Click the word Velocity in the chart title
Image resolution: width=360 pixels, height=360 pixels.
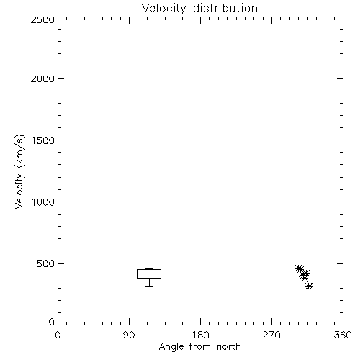(x=164, y=9)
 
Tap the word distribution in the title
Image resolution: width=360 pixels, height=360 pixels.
(x=225, y=8)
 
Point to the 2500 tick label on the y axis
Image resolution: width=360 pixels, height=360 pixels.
(x=42, y=19)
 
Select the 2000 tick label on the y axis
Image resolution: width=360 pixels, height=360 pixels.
(x=42, y=78)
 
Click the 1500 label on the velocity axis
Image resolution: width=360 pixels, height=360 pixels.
(x=43, y=140)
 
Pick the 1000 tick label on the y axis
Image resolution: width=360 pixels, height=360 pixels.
(x=43, y=202)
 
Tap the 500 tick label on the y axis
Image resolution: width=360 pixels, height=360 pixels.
(x=46, y=264)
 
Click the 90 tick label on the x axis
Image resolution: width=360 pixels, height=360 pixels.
(x=129, y=335)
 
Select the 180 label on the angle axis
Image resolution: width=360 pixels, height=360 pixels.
(x=200, y=335)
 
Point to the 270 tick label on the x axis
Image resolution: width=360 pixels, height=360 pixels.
(x=271, y=335)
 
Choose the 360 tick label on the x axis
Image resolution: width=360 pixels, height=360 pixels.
(x=343, y=335)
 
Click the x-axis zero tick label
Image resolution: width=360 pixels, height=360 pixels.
(x=58, y=335)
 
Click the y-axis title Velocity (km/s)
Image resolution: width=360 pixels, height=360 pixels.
(x=19, y=171)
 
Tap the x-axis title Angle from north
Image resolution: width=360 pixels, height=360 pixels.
(x=200, y=347)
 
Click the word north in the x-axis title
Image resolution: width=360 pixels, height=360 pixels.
(x=229, y=347)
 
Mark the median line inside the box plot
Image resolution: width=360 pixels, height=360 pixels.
(x=149, y=274)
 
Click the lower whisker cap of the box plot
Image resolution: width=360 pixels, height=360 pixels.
(x=149, y=286)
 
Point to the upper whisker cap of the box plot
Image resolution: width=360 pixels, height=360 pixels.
(x=149, y=269)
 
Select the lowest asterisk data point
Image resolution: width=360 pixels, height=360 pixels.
(x=310, y=286)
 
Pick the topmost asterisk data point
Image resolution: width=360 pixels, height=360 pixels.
(x=299, y=269)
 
